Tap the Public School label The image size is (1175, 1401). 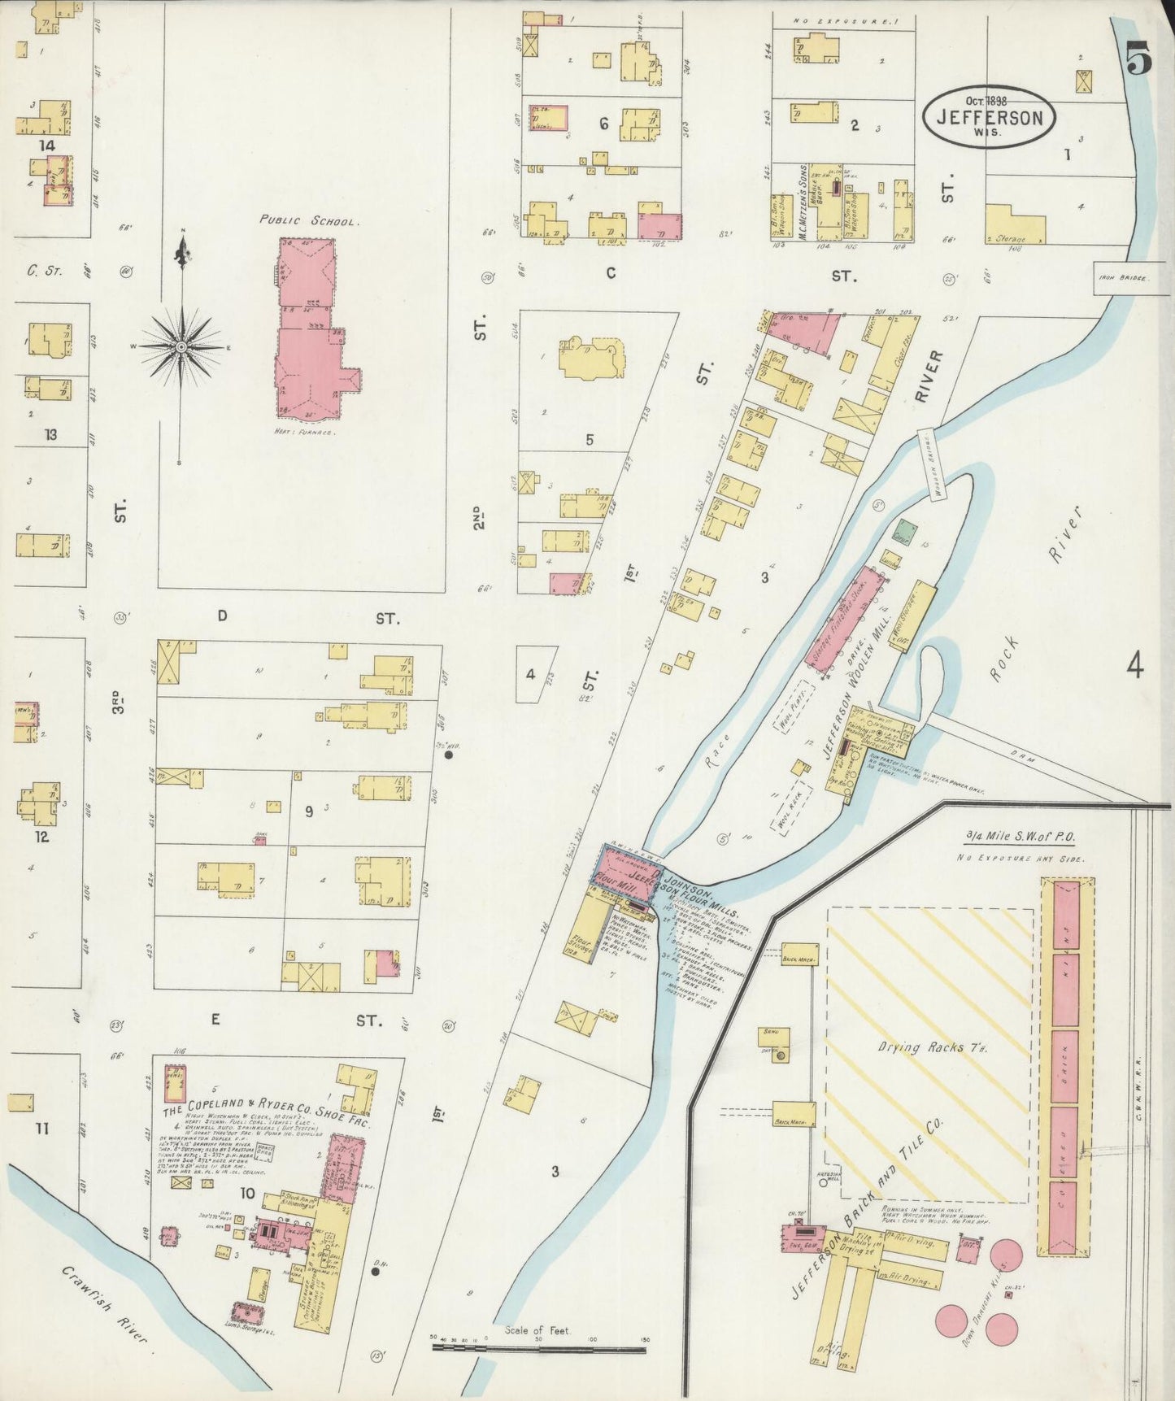tap(307, 220)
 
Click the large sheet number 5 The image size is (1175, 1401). tap(1139, 62)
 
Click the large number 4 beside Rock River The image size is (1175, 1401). tap(1135, 667)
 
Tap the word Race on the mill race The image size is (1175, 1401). tap(723, 747)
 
